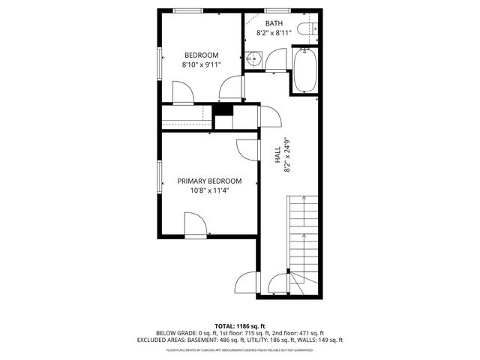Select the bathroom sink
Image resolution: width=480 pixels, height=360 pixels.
click(253, 59)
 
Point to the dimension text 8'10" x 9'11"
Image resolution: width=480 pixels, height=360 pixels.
click(202, 65)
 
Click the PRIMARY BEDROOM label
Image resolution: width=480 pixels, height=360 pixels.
click(209, 181)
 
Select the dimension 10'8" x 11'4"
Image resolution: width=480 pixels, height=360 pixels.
click(209, 190)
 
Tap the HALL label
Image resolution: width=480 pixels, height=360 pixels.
click(277, 155)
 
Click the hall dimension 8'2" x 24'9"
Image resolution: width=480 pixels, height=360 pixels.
click(286, 155)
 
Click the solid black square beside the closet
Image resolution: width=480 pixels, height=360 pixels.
click(222, 109)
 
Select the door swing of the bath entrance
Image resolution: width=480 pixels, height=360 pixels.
click(276, 58)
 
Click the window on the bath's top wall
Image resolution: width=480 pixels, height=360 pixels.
click(274, 11)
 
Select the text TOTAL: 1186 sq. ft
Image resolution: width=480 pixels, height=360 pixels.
click(239, 325)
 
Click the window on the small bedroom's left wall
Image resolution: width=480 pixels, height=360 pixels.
click(159, 62)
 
